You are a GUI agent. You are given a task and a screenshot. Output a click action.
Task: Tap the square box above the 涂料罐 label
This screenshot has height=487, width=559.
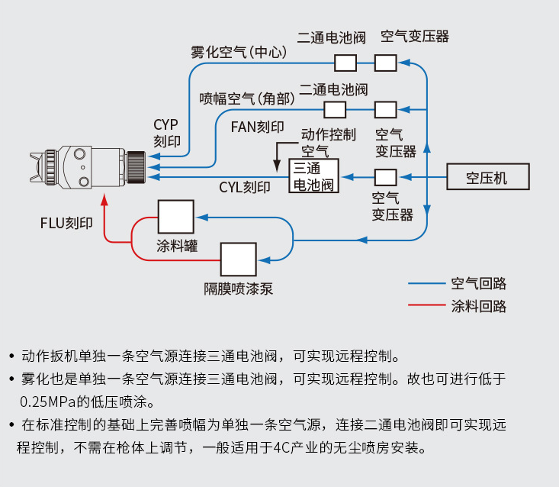pyautogui.click(x=175, y=217)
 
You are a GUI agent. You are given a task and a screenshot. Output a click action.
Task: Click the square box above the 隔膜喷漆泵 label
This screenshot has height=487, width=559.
pyautogui.click(x=239, y=260)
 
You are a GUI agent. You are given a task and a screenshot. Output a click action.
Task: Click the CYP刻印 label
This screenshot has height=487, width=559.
pyautogui.click(x=166, y=133)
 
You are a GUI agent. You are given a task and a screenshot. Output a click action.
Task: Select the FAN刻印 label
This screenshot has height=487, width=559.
pyautogui.click(x=258, y=126)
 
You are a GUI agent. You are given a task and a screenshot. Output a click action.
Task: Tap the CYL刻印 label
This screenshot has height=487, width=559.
pyautogui.click(x=245, y=187)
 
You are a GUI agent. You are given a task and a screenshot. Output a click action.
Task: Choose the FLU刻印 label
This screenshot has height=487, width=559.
pyautogui.click(x=66, y=223)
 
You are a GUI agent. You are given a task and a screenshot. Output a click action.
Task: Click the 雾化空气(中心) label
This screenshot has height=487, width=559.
pyautogui.click(x=239, y=53)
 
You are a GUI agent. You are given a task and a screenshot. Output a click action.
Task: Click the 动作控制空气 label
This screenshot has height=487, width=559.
pyautogui.click(x=328, y=142)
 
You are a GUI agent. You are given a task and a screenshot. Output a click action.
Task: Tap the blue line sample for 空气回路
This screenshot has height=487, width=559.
pyautogui.click(x=428, y=284)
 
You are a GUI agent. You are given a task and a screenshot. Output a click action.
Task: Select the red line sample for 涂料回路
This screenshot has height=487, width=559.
pyautogui.click(x=428, y=306)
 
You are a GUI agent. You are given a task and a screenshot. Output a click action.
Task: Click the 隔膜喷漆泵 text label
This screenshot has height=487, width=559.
pyautogui.click(x=238, y=289)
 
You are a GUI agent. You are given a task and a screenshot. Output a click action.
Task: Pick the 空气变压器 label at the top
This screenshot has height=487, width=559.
pyautogui.click(x=415, y=36)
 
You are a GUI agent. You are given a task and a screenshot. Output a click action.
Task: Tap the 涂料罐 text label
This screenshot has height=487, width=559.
pyautogui.click(x=177, y=246)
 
